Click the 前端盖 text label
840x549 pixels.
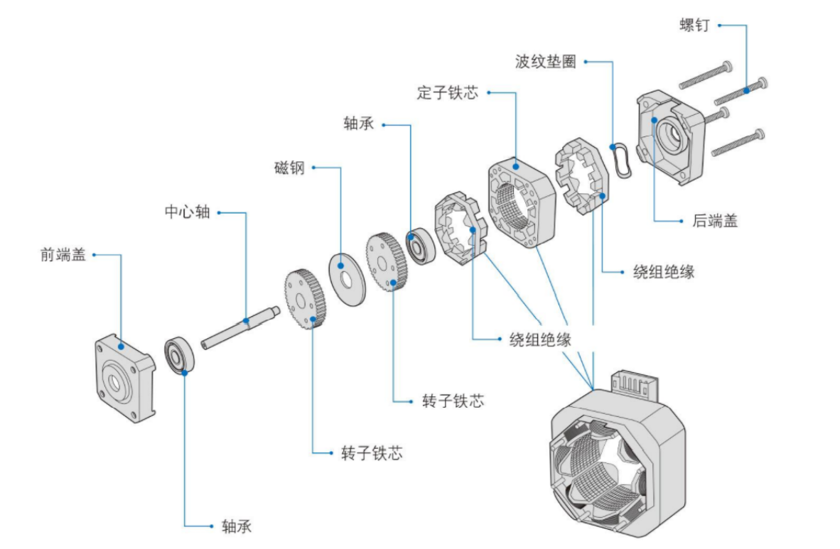pyautogui.click(x=63, y=254)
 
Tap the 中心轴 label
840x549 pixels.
pyautogui.click(x=188, y=212)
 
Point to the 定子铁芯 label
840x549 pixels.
pyautogui.click(x=448, y=92)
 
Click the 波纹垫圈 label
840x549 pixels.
pyautogui.click(x=546, y=61)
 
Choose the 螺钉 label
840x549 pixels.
pyautogui.click(x=694, y=25)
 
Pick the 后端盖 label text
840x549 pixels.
pyautogui.click(x=715, y=221)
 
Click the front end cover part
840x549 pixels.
pyautogui.click(x=124, y=376)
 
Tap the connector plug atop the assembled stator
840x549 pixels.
pyautogui.click(x=637, y=386)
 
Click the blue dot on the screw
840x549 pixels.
pyautogui.click(x=746, y=89)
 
